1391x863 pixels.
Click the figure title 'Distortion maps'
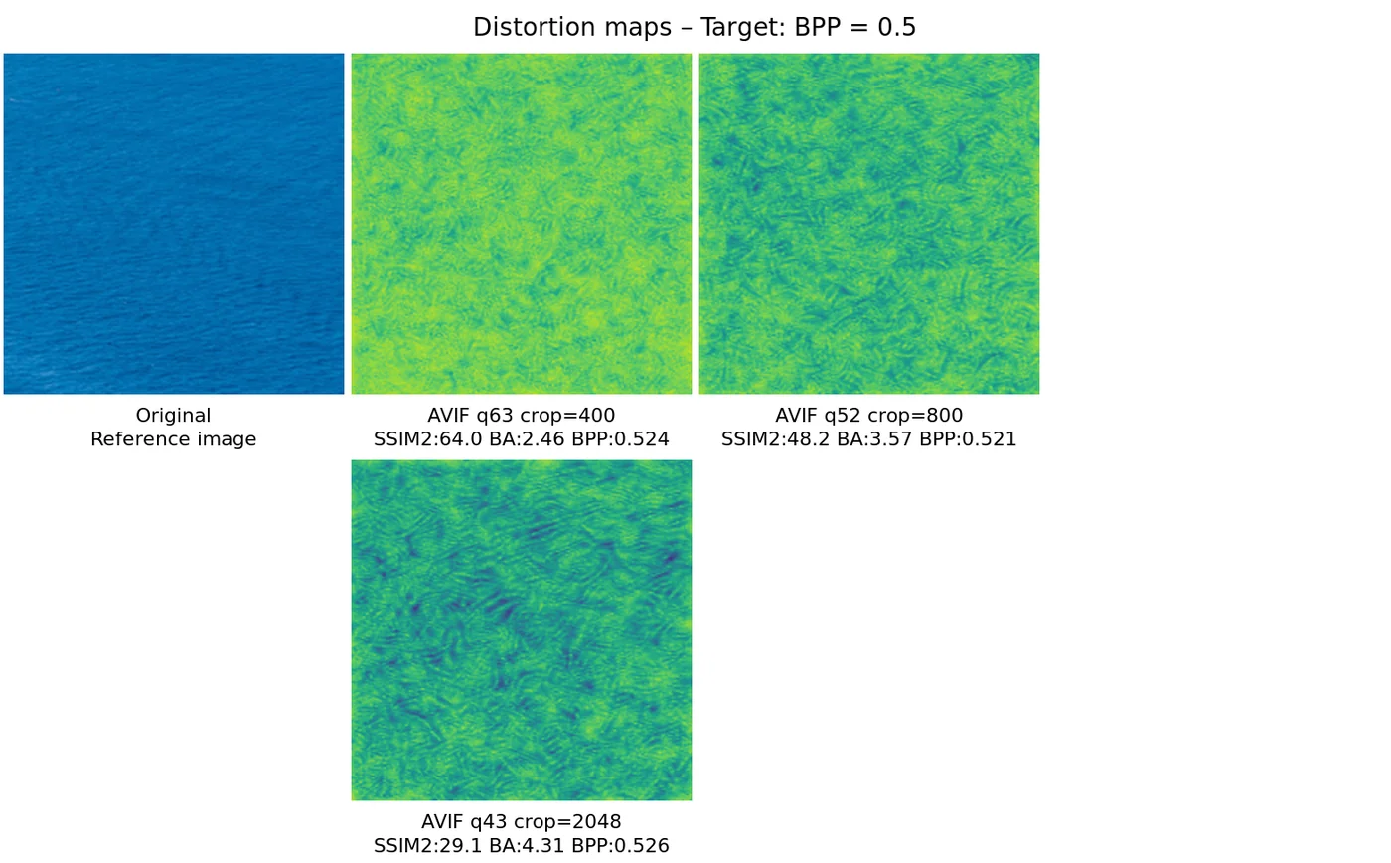tap(571, 28)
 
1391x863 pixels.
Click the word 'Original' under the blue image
tap(174, 416)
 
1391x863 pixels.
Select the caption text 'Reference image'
tap(174, 439)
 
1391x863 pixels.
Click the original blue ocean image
tap(174, 224)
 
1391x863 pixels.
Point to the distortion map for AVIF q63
tap(522, 224)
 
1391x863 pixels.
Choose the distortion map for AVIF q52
tap(869, 224)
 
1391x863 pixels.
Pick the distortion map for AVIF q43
tap(522, 630)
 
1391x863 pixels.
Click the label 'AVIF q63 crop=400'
tap(522, 416)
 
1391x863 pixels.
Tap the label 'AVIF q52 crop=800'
tap(869, 416)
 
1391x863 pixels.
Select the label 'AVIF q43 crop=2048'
tap(522, 822)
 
